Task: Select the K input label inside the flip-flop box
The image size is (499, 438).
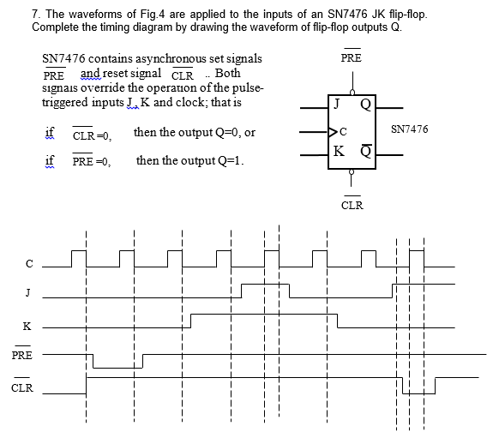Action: [x=341, y=151]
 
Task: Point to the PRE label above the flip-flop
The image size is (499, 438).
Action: [x=351, y=58]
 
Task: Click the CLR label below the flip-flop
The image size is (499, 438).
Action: [x=352, y=205]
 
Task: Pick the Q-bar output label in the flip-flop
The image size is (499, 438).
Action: [x=366, y=152]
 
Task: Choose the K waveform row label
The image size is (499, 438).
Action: [x=27, y=327]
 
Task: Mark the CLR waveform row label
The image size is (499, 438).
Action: [x=23, y=387]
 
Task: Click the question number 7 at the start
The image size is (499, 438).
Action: [x=35, y=15]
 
